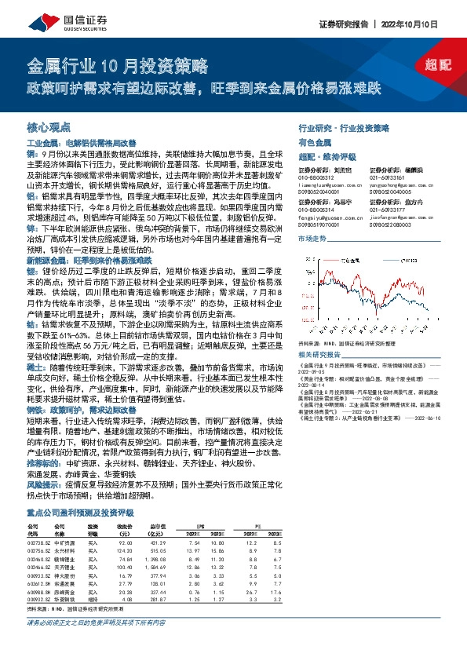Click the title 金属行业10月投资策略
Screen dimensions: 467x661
click(118, 64)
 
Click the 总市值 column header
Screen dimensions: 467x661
click(159, 525)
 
